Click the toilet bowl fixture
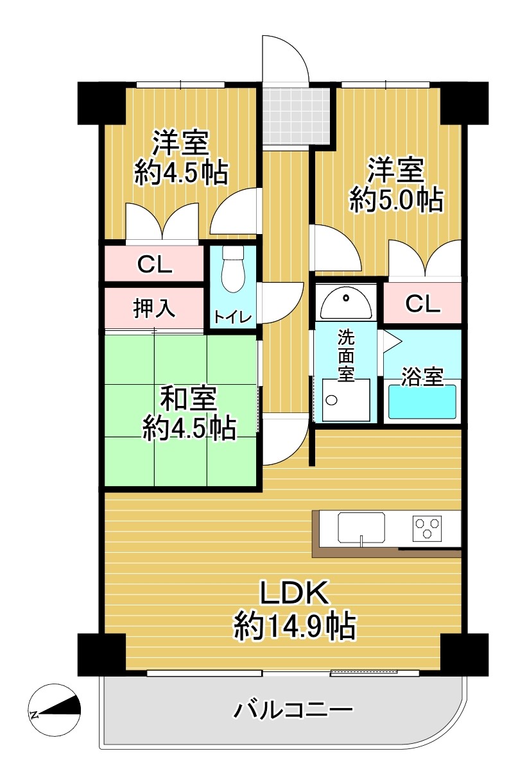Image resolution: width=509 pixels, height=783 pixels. tap(232, 269)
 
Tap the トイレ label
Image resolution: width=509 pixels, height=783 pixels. tap(232, 317)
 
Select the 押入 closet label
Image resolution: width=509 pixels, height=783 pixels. tap(154, 308)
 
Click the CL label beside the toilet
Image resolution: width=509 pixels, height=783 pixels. tap(155, 265)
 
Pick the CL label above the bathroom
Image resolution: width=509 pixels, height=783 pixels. tap(422, 304)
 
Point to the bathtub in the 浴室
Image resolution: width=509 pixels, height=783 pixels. tap(422, 401)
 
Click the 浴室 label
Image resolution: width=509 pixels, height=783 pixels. tap(422, 377)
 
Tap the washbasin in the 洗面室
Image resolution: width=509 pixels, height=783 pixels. tap(346, 303)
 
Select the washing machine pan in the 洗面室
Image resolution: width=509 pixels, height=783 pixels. tap(346, 400)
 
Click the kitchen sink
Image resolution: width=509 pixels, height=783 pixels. tap(361, 528)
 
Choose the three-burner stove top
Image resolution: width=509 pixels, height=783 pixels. tap(427, 528)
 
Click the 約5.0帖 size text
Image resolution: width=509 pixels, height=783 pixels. tap(396, 200)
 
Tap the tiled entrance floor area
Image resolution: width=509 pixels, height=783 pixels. tap(297, 115)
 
